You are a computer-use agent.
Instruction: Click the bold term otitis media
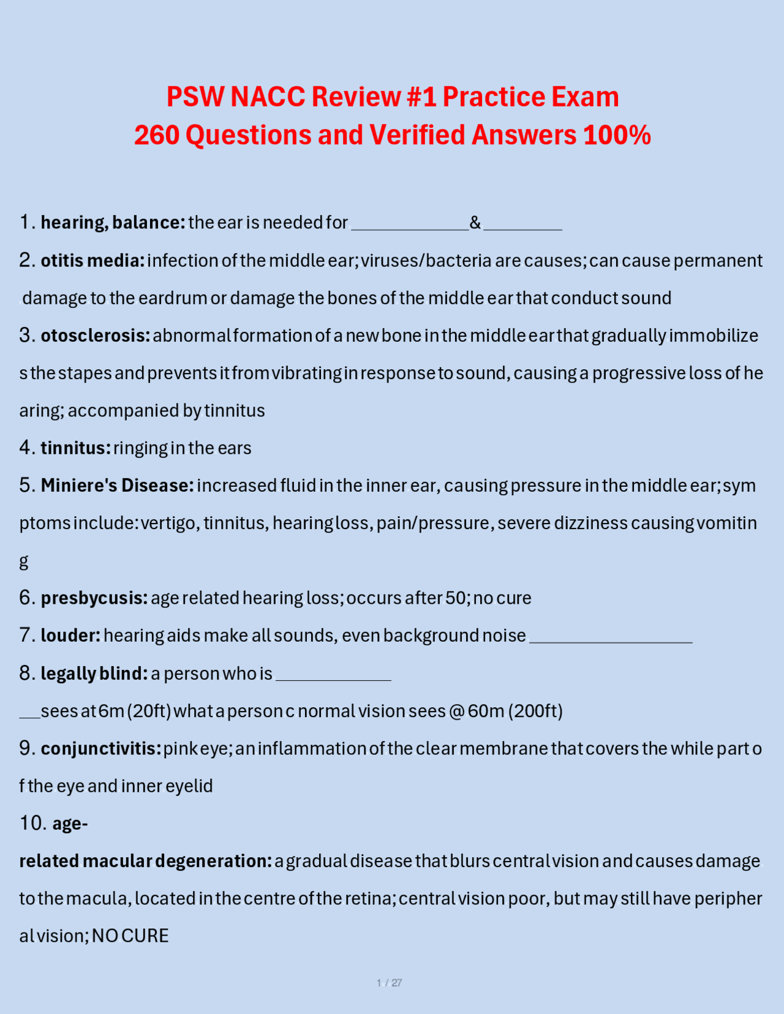click(x=92, y=261)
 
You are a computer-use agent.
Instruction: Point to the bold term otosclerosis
click(x=95, y=336)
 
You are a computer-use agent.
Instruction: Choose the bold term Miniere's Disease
click(x=117, y=486)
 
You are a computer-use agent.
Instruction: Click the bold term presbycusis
click(x=94, y=598)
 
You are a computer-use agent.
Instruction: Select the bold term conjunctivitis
click(x=101, y=748)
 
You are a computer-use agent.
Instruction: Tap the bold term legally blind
click(x=94, y=674)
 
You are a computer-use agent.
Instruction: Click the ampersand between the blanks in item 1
click(x=475, y=222)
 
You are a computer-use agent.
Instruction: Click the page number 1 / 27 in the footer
click(x=390, y=983)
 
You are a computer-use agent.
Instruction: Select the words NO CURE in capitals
click(x=130, y=936)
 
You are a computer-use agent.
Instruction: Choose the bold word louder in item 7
click(x=70, y=636)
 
